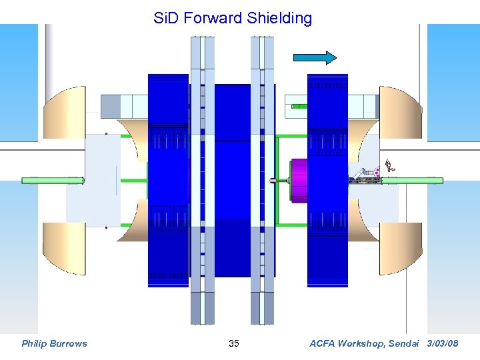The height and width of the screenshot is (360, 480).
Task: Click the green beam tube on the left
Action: click(x=53, y=180)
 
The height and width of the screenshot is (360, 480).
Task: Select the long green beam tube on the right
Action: click(x=417, y=180)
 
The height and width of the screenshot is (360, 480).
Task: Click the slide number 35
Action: click(x=233, y=344)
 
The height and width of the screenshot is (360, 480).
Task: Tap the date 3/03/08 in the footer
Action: click(x=443, y=344)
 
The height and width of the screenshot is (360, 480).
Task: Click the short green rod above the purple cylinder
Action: click(x=299, y=106)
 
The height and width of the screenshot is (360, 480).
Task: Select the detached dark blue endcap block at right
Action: click(x=327, y=180)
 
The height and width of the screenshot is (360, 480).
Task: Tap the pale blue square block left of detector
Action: click(x=93, y=180)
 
